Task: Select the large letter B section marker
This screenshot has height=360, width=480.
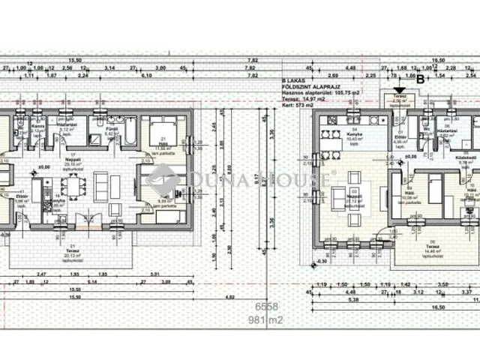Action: point(420,78)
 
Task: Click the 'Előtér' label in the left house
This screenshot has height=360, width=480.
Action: point(20,197)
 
